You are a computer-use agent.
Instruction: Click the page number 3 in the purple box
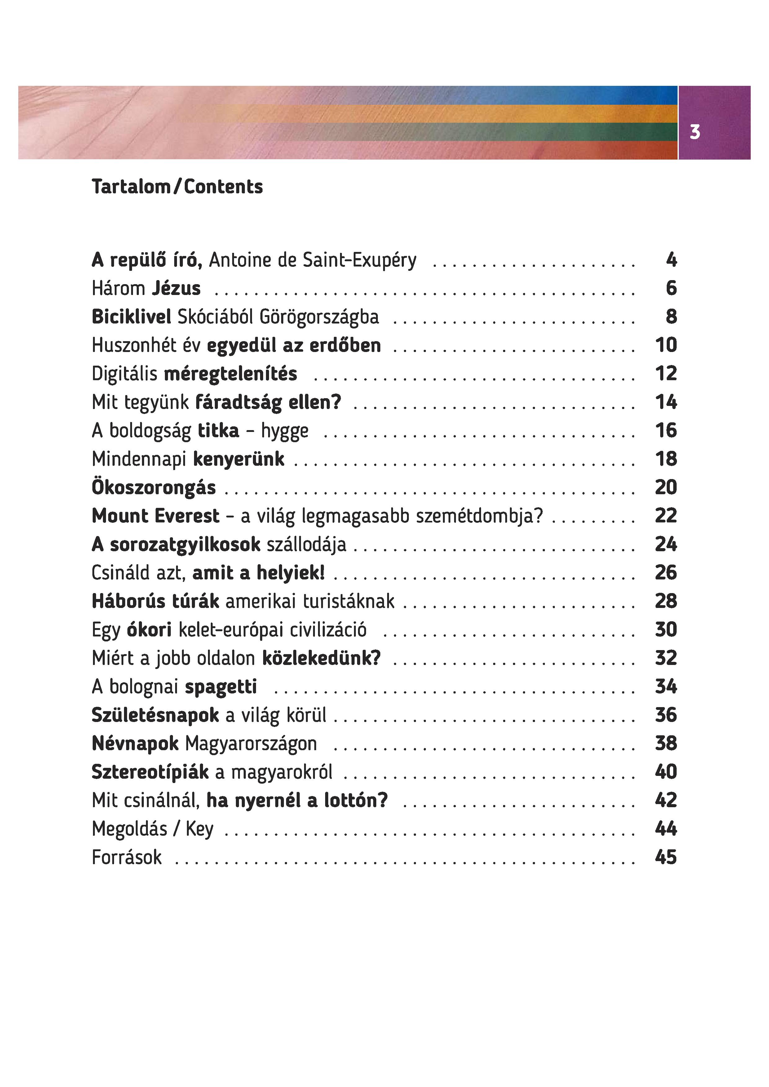[x=695, y=132]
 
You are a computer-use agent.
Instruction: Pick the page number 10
[x=666, y=345]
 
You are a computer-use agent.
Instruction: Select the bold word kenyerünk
[x=239, y=459]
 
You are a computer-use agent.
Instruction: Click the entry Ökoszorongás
[x=153, y=488]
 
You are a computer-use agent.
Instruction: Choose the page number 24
[x=666, y=544]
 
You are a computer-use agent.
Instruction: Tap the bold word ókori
[x=149, y=630]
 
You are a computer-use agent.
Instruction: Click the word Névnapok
[x=135, y=744]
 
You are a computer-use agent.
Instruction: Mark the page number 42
[x=666, y=800]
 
